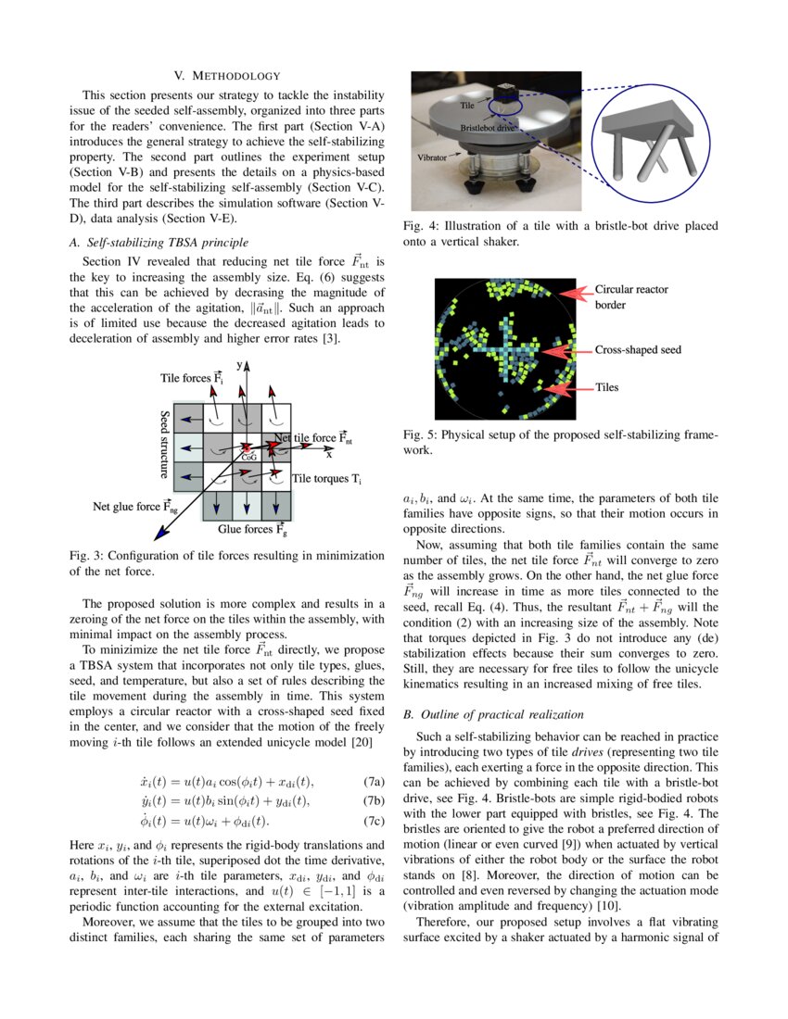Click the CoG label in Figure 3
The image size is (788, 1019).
(248, 456)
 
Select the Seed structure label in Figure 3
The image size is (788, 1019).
(164, 445)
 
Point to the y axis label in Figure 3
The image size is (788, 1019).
(238, 366)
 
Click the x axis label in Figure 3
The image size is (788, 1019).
(328, 455)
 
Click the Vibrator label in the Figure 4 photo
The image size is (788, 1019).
(432, 158)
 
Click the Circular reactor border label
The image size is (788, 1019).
(630, 296)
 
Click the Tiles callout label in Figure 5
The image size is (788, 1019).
(606, 387)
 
